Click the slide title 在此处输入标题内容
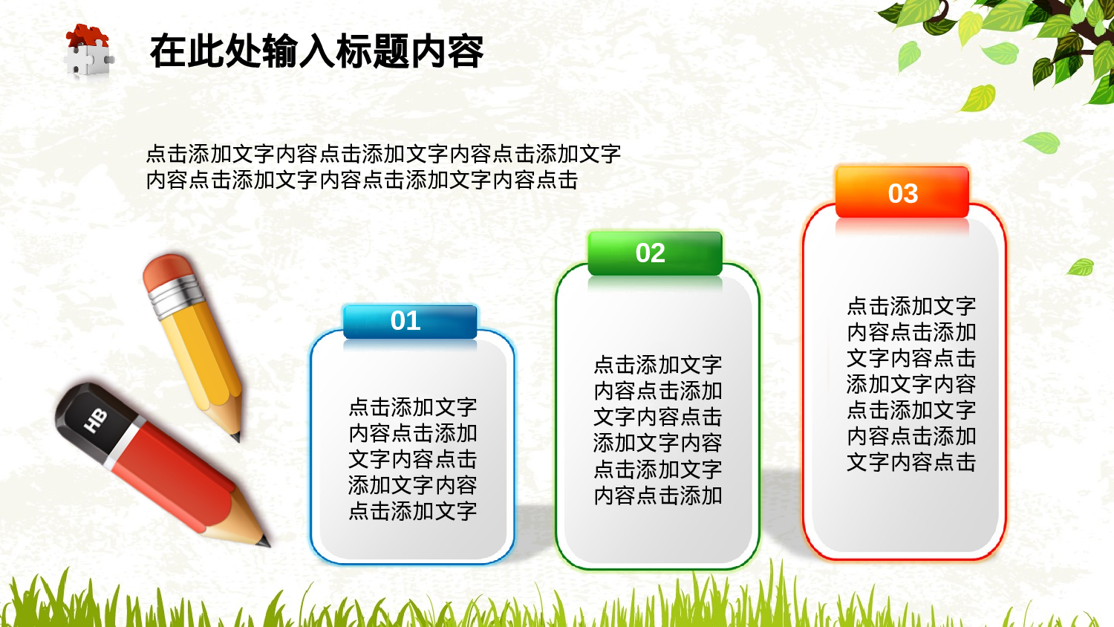pyautogui.click(x=316, y=51)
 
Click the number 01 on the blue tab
pyautogui.click(x=405, y=321)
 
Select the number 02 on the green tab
pyautogui.click(x=651, y=253)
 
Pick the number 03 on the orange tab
pyautogui.click(x=903, y=194)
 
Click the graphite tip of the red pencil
pyautogui.click(x=265, y=543)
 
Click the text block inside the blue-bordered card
pyautogui.click(x=413, y=458)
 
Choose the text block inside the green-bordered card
pyautogui.click(x=658, y=429)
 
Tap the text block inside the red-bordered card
pyautogui.click(x=911, y=383)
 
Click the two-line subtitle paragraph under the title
pyautogui.click(x=382, y=166)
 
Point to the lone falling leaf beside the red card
pyautogui.click(x=1081, y=267)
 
